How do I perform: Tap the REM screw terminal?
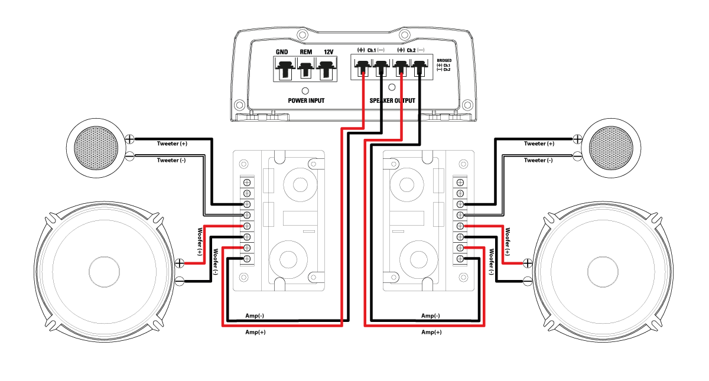[x=305, y=70]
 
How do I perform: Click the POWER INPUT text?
[x=306, y=101]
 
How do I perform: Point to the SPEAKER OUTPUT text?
[x=392, y=101]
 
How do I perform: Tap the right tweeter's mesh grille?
[x=614, y=145]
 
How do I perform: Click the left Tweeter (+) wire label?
[x=172, y=144]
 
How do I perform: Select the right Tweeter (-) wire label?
[x=538, y=160]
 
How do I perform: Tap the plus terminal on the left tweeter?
[x=129, y=139]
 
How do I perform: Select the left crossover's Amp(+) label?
[x=255, y=333]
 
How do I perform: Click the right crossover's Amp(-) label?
[x=431, y=315]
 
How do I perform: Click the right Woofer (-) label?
[x=492, y=262]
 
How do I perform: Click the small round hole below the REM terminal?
[x=305, y=92]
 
